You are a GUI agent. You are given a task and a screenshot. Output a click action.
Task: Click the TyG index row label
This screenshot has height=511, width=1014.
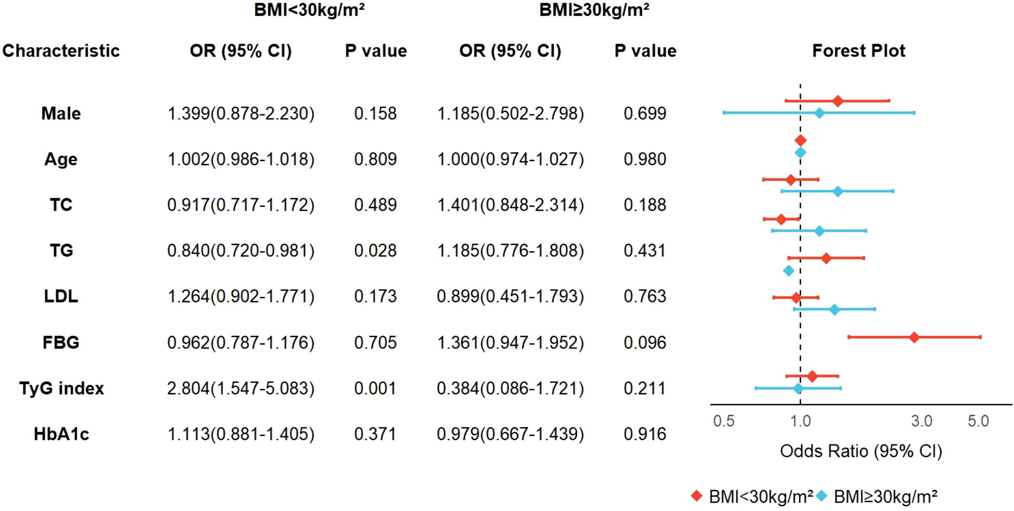(61, 388)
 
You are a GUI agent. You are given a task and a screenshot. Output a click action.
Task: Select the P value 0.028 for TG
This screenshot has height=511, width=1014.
(375, 251)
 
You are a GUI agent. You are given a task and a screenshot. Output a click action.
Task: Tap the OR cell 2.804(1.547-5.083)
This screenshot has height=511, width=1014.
(241, 388)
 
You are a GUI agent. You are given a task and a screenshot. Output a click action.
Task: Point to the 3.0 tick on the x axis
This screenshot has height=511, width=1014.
(921, 421)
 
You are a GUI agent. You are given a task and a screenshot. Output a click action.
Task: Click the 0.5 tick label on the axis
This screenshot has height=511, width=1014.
(723, 421)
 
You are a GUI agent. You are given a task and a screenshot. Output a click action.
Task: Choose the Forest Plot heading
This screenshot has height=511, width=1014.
(858, 51)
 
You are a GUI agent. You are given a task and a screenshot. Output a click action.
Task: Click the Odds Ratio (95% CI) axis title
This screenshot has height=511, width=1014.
(861, 451)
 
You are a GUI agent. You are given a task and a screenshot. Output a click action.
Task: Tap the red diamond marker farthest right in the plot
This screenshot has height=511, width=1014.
(914, 337)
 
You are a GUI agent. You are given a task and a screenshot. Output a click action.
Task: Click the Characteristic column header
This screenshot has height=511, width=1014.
(61, 51)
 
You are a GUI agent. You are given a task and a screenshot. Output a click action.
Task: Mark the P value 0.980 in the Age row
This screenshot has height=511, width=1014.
(645, 159)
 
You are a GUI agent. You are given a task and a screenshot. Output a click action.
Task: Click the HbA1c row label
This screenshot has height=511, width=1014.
(61, 434)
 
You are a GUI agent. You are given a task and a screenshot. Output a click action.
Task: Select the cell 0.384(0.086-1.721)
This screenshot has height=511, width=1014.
(510, 388)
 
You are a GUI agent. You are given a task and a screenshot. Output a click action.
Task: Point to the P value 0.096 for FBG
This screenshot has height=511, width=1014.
(645, 342)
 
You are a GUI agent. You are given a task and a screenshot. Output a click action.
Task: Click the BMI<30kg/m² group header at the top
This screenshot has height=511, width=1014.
(309, 10)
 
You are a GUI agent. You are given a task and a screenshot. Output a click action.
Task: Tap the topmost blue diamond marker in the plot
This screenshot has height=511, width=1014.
(819, 113)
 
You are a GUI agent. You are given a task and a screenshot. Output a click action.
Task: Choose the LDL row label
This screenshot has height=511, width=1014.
(61, 296)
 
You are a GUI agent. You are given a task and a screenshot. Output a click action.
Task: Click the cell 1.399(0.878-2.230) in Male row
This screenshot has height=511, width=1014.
(241, 114)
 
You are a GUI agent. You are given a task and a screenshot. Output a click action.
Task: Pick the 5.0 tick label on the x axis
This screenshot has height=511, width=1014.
(978, 421)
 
